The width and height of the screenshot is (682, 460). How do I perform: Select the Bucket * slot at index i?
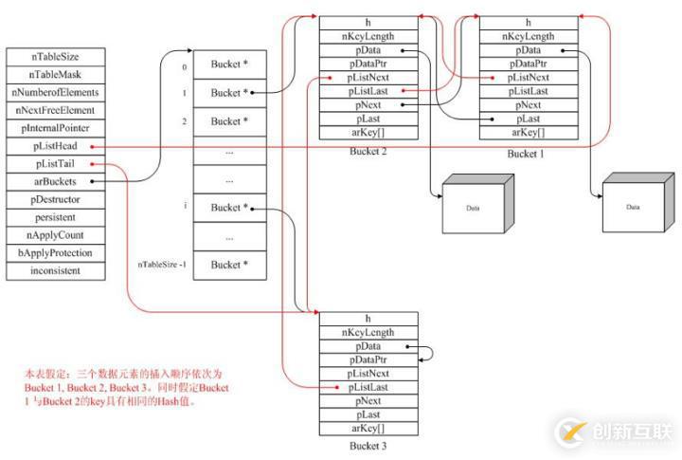tap(229, 207)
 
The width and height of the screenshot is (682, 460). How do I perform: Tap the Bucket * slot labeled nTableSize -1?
tap(229, 265)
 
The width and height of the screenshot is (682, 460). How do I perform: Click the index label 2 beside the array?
tap(184, 121)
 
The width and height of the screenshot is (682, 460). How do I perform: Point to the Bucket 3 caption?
tap(368, 445)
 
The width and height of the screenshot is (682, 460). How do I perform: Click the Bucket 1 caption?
tap(528, 153)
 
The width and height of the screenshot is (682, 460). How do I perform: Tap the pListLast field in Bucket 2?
tap(368, 91)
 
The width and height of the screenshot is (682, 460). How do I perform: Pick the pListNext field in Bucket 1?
tap(529, 77)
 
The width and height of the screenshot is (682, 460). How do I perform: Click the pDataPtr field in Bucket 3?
tap(368, 360)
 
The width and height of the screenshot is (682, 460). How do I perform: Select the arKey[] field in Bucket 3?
tap(368, 429)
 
